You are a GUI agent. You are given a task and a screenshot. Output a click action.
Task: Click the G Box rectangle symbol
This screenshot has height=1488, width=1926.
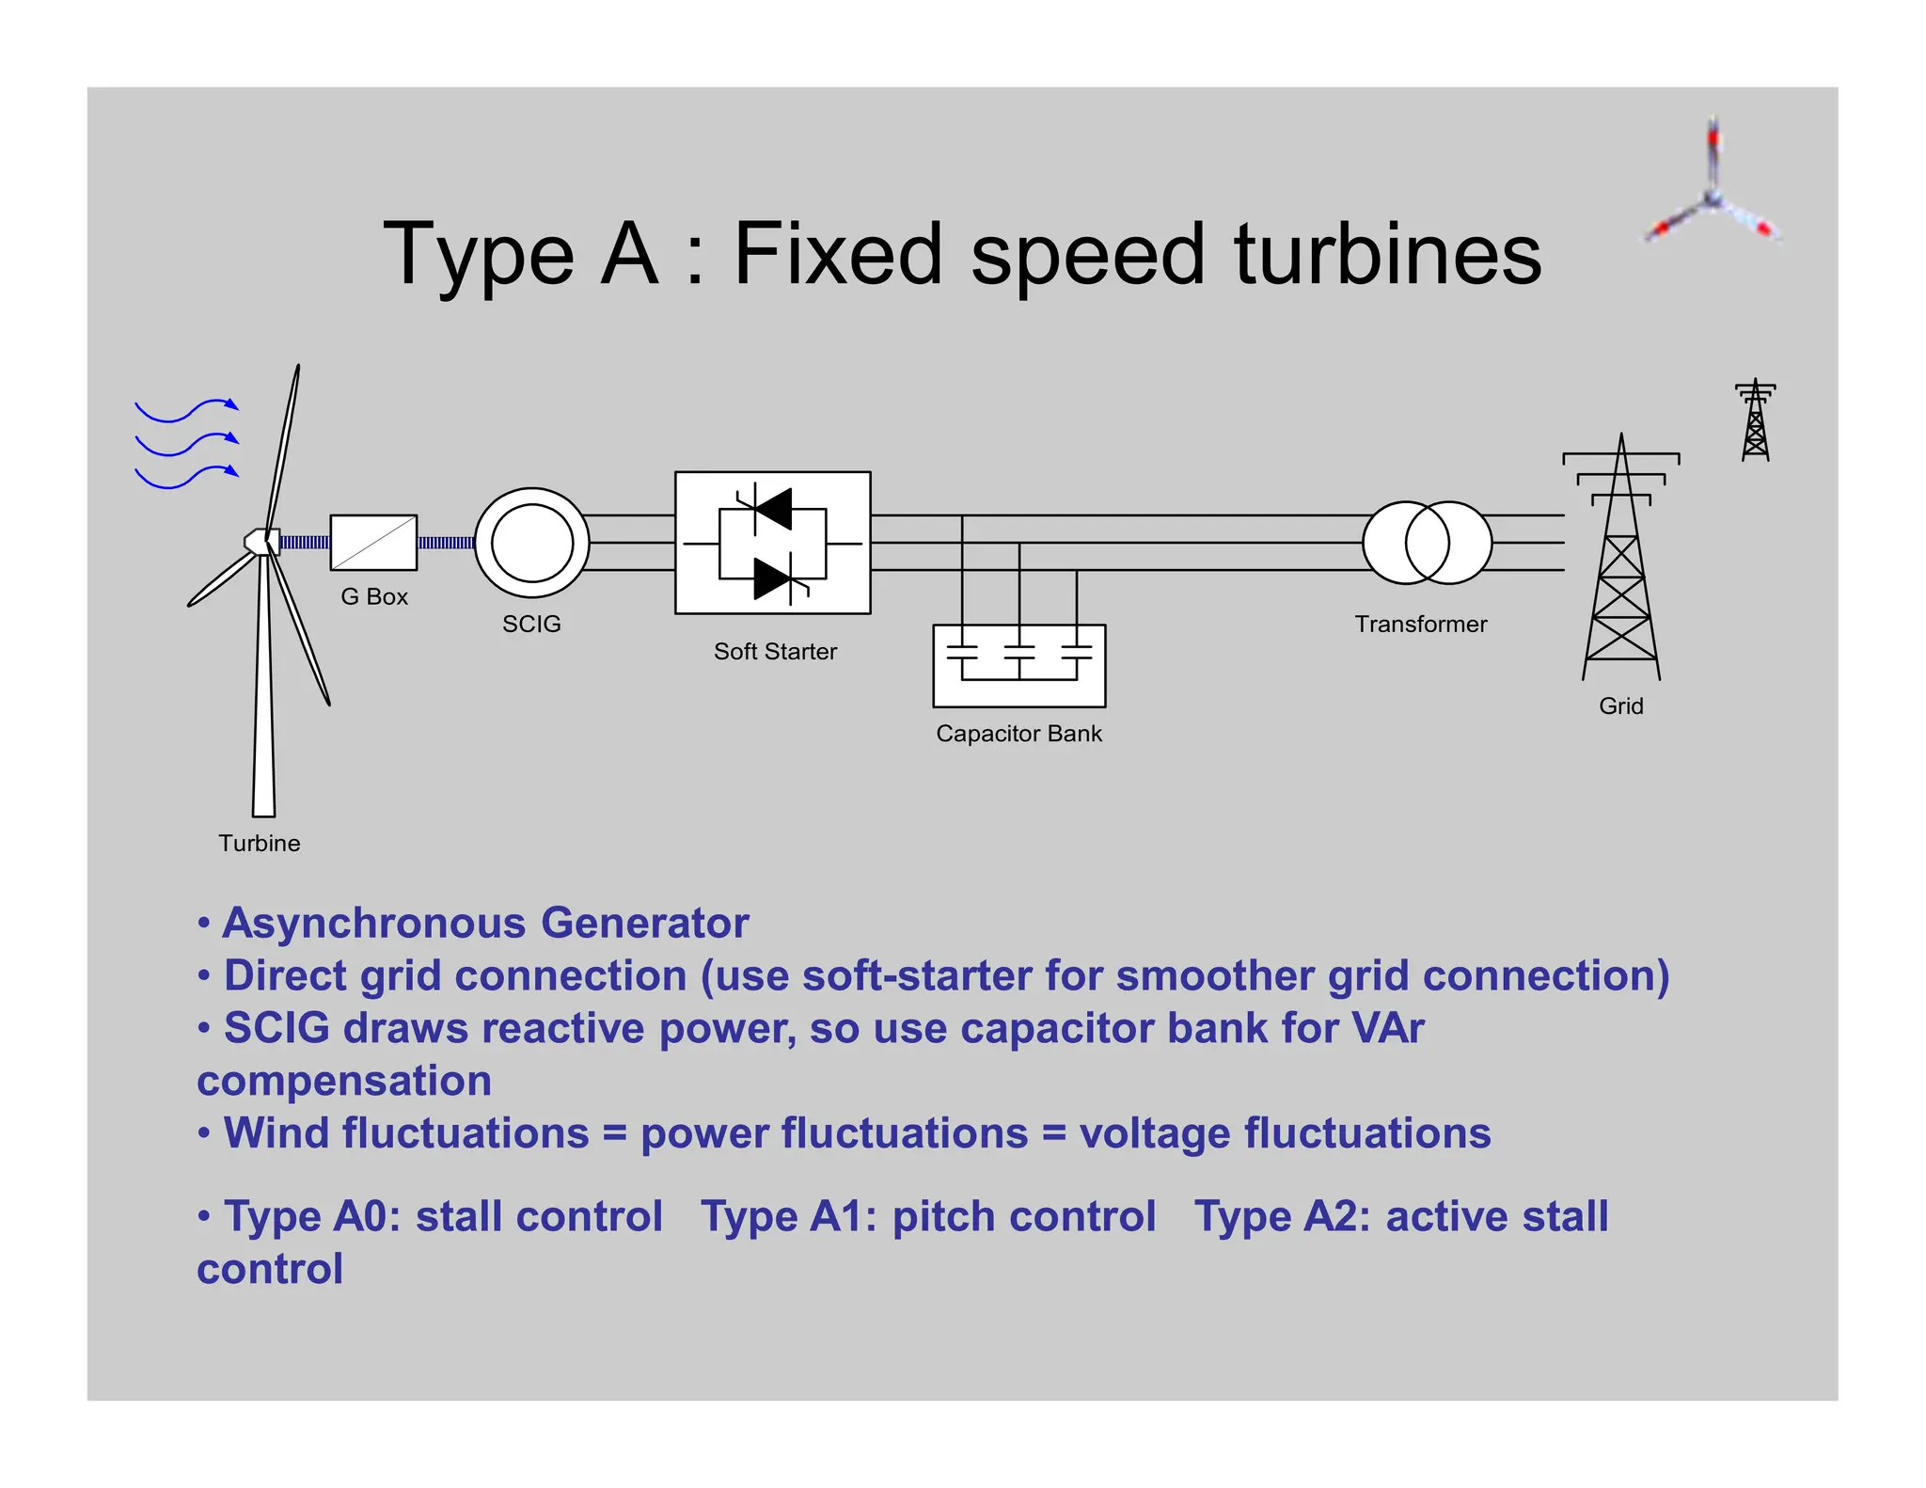coord(373,543)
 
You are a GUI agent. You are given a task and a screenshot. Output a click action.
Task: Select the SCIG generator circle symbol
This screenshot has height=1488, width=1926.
coord(531,543)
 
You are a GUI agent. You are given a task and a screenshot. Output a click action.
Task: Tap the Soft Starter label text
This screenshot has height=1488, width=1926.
coord(775,652)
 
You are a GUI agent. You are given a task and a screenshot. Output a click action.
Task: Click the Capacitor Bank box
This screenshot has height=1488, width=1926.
coord(1018,666)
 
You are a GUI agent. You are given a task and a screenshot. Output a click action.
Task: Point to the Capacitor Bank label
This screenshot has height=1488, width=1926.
coord(1018,734)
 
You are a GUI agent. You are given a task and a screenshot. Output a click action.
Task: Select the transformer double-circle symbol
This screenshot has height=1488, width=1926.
coord(1427,543)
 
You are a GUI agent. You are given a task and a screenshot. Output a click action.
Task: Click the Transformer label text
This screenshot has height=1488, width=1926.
coord(1420,625)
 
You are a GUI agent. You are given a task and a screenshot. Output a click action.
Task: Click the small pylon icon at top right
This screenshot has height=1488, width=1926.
coord(1755,420)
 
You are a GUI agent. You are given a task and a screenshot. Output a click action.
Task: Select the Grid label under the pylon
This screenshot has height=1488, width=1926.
coord(1621,706)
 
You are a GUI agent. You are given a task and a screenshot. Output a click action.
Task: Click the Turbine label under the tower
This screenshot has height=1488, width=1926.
coord(260,844)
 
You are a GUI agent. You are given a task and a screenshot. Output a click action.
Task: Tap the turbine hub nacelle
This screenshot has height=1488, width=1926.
coord(260,542)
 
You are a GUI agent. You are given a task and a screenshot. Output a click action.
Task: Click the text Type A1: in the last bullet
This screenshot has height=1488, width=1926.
coord(789,1216)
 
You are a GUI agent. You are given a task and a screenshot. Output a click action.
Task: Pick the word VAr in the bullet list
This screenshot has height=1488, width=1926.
coord(1387,1028)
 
